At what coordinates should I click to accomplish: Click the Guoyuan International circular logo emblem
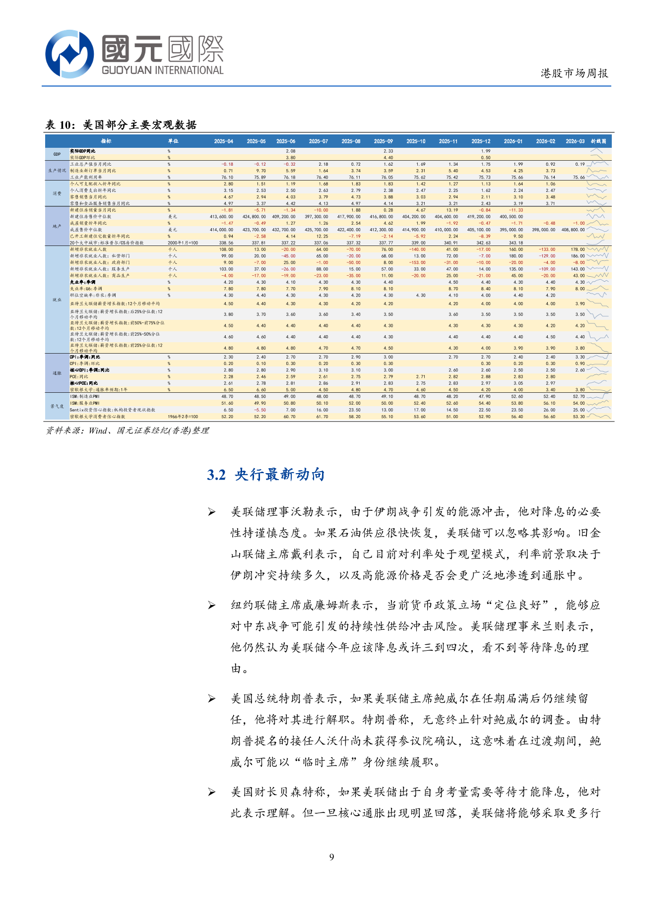pyautogui.click(x=69, y=54)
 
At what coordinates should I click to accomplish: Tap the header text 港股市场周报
pyautogui.click(x=574, y=73)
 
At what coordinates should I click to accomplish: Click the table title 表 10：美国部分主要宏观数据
pyautogui.click(x=121, y=125)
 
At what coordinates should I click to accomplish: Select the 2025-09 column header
pyautogui.click(x=384, y=141)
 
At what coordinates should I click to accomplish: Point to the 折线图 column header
pyautogui.click(x=598, y=141)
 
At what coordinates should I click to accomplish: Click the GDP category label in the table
pyautogui.click(x=57, y=154)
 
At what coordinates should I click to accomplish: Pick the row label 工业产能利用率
pyautogui.click(x=86, y=177)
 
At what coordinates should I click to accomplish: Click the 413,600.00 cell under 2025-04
pyautogui.click(x=221, y=217)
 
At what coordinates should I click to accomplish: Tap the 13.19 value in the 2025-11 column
pyautogui.click(x=452, y=210)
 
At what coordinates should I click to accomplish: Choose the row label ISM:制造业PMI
pyautogui.click(x=85, y=397)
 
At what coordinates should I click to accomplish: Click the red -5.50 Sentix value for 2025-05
pyautogui.click(x=259, y=410)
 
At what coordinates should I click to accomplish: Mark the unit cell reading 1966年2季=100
pyautogui.click(x=183, y=417)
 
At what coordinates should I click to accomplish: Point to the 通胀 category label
pyautogui.click(x=57, y=373)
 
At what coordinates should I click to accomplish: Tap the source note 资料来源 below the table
pyautogui.click(x=127, y=430)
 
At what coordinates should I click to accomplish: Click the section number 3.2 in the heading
pyautogui.click(x=216, y=475)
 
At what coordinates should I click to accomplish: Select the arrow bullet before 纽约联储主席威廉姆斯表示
pyautogui.click(x=212, y=606)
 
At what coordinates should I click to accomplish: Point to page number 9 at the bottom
pyautogui.click(x=331, y=857)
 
